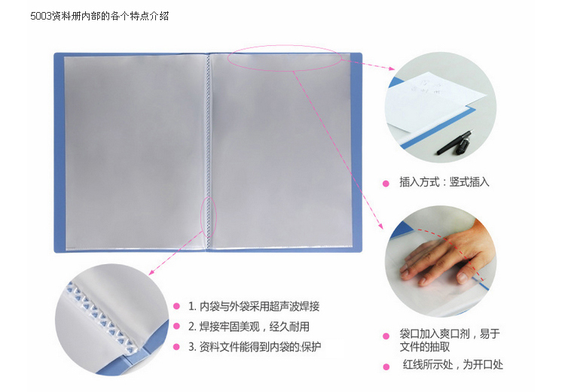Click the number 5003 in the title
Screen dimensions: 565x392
(41, 17)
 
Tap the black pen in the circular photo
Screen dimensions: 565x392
(455, 143)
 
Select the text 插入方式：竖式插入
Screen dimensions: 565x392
(444, 182)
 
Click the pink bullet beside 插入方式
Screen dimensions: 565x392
(386, 184)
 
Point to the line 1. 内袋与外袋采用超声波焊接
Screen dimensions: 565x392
(254, 306)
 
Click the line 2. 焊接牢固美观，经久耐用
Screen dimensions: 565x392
(249, 327)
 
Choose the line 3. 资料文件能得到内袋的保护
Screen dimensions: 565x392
(255, 347)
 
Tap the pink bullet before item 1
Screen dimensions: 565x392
(176, 306)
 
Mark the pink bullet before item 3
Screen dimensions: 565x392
(176, 347)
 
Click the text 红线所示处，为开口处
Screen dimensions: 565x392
(453, 365)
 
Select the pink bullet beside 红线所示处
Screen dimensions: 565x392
(386, 367)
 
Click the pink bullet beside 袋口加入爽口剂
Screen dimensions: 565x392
(386, 336)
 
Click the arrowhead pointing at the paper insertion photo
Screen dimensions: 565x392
(391, 68)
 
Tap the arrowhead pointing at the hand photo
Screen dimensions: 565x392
(380, 226)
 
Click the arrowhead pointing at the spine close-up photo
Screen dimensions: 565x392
(152, 272)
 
